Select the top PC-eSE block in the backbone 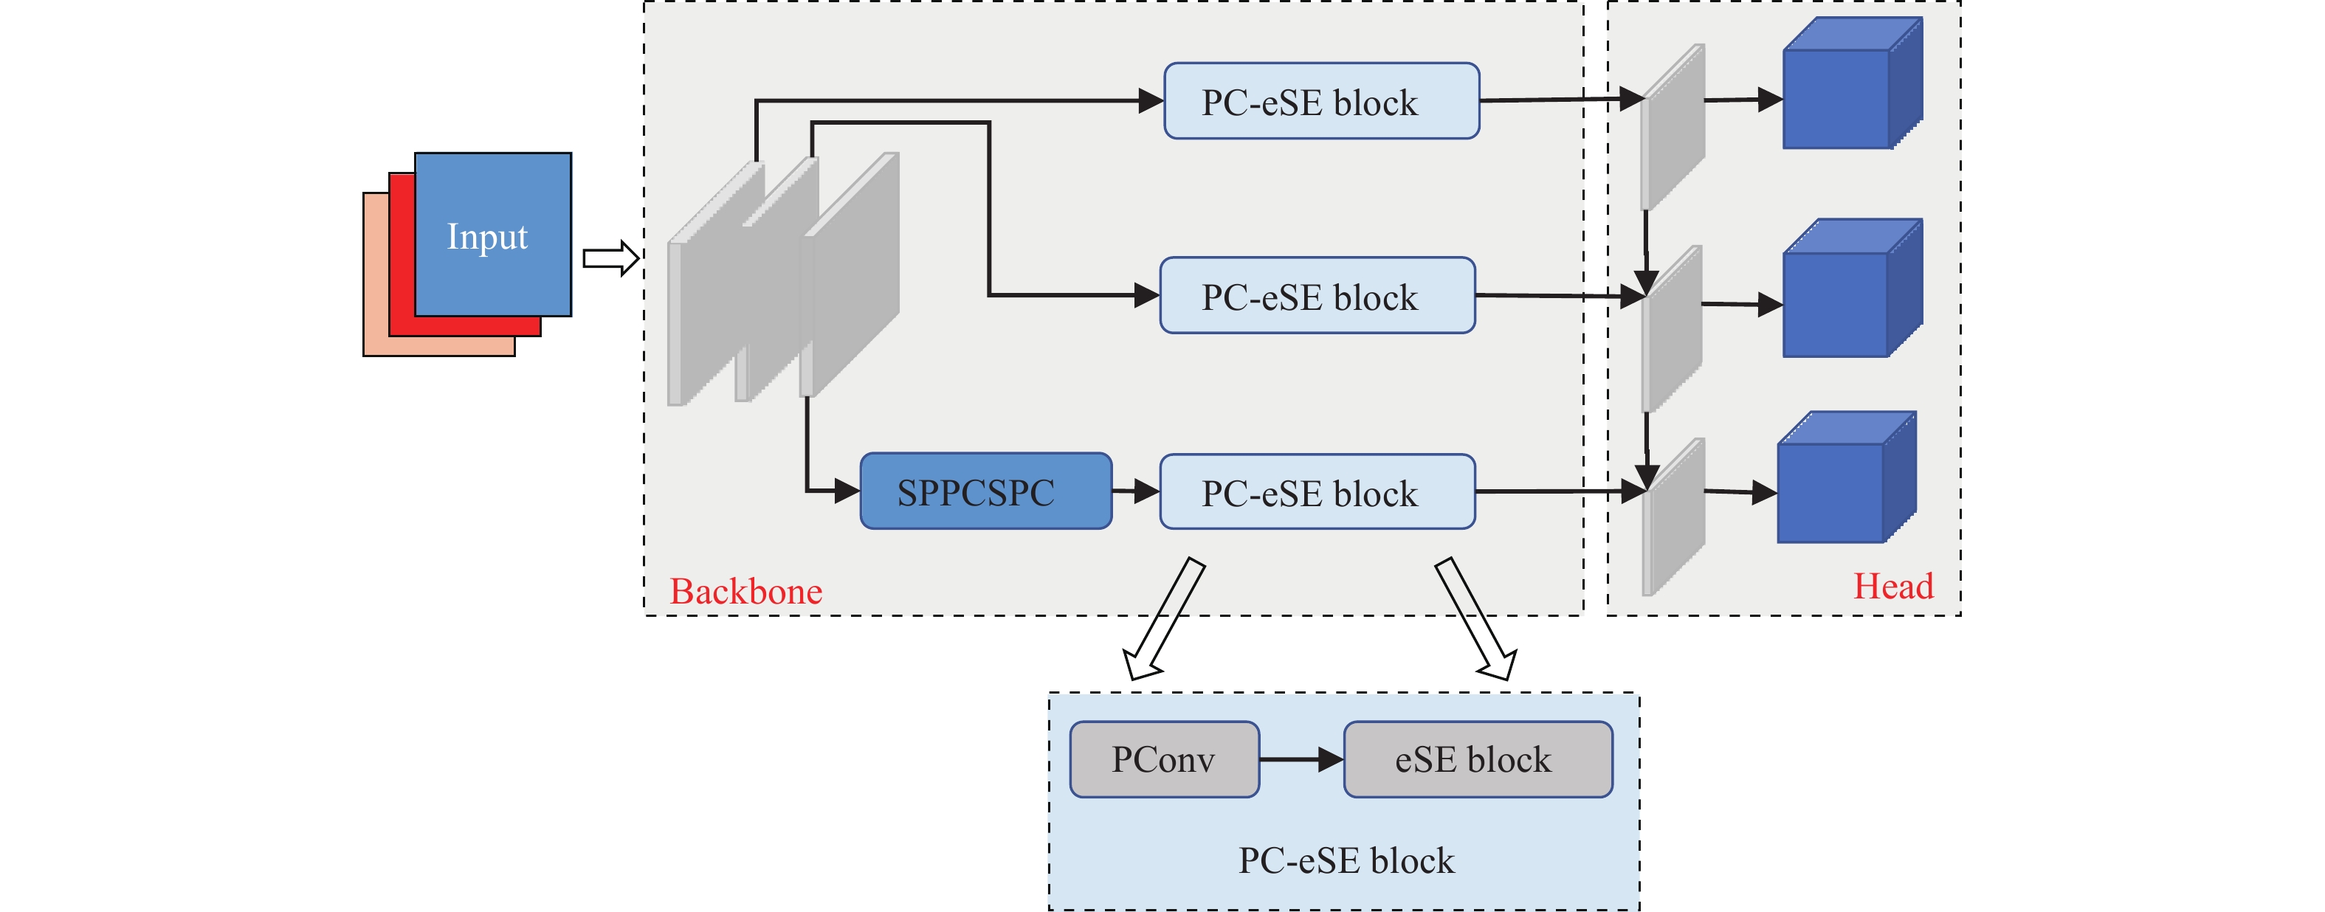(x=1321, y=101)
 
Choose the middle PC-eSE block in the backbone (x=1317, y=296)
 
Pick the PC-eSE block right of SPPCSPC (x=1317, y=491)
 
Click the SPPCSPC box (x=985, y=491)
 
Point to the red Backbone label (x=745, y=591)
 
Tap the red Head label (x=1892, y=587)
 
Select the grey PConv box (x=1164, y=759)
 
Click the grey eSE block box (x=1478, y=759)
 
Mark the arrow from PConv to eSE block (x=1301, y=759)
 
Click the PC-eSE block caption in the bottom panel (x=1346, y=860)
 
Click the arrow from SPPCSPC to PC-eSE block (x=1135, y=491)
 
